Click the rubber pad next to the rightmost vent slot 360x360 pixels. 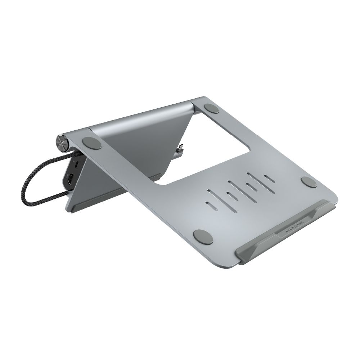(309, 182)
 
